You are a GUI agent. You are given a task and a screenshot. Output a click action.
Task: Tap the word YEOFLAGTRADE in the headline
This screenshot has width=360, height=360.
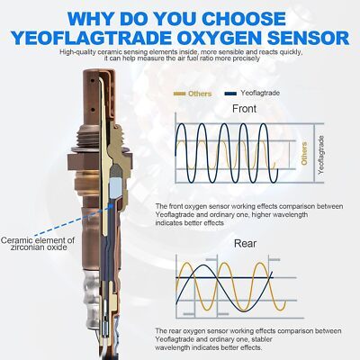(x=91, y=38)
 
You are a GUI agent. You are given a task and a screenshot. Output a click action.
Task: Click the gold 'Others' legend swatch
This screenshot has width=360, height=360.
(x=180, y=94)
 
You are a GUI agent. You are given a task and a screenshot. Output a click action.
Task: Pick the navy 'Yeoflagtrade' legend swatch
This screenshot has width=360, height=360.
(x=230, y=94)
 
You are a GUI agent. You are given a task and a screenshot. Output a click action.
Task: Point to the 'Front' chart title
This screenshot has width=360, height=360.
(x=245, y=109)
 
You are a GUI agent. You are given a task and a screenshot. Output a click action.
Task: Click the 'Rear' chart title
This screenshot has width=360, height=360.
(x=245, y=243)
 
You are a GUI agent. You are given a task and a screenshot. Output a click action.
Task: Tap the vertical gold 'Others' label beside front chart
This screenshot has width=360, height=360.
(x=304, y=154)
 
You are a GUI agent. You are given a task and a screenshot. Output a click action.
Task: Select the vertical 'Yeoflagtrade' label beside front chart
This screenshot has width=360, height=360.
(x=321, y=155)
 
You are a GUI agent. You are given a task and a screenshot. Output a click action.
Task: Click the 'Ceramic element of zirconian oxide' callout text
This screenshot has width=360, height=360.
(x=38, y=244)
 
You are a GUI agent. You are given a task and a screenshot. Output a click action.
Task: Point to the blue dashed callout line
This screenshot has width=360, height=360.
(x=74, y=220)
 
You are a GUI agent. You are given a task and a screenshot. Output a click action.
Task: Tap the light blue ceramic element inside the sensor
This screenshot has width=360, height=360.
(x=116, y=188)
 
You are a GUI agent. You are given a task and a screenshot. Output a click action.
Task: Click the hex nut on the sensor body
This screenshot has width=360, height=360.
(x=100, y=162)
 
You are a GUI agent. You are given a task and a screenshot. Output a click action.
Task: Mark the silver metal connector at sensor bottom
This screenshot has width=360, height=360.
(x=91, y=299)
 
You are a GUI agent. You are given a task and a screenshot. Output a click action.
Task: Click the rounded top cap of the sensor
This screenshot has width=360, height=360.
(x=98, y=75)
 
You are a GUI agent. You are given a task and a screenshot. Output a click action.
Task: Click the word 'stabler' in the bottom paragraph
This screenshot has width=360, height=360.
(x=262, y=339)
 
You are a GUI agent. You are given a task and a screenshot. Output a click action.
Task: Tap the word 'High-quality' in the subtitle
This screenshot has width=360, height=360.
(x=76, y=52)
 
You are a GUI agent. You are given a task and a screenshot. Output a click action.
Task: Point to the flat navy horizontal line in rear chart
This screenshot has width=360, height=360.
(x=224, y=278)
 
